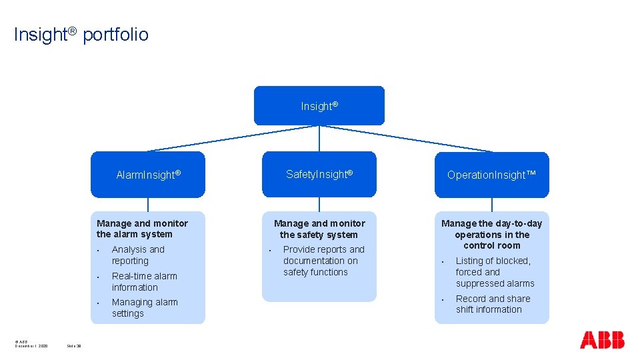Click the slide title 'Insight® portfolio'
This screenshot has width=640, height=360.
click(x=81, y=35)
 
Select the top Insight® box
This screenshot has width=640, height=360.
click(x=319, y=106)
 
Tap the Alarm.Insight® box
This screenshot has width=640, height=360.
click(x=148, y=175)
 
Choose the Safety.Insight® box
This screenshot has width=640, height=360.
click(x=319, y=174)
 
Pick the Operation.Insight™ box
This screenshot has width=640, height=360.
click(x=492, y=175)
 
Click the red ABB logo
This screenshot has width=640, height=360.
click(x=602, y=340)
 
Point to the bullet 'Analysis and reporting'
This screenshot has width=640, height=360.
click(x=138, y=255)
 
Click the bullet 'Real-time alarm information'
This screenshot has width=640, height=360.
click(x=144, y=281)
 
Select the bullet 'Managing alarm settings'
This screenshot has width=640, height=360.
click(x=145, y=307)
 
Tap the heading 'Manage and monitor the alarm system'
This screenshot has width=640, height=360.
click(x=142, y=229)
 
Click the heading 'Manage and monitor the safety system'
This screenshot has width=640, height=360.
click(x=319, y=229)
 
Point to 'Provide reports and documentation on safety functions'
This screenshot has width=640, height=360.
click(x=324, y=261)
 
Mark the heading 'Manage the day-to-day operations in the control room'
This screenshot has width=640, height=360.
click(x=492, y=234)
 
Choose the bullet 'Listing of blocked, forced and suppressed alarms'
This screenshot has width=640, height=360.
click(x=495, y=272)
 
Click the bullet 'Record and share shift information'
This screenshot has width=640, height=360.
click(x=493, y=304)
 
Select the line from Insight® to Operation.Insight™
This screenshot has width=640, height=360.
click(x=407, y=139)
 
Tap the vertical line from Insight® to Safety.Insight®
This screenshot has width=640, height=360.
click(x=319, y=139)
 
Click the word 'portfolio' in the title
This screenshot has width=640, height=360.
click(x=116, y=35)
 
